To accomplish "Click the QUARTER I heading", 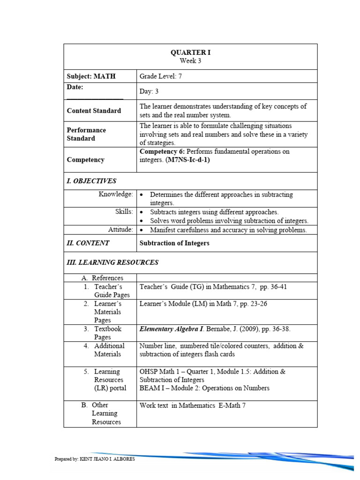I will (x=190, y=52).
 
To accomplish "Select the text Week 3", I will (x=190, y=60).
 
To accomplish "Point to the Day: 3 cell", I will (x=150, y=92).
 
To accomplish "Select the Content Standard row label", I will (x=94, y=111).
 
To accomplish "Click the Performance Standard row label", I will (x=87, y=134).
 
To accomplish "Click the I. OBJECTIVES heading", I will (x=91, y=181).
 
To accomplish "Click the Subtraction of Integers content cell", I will (x=174, y=243).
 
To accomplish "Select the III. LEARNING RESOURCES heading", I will (x=112, y=262).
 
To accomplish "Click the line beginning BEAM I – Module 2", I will (x=204, y=388).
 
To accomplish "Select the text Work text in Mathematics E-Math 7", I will (x=192, y=405).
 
